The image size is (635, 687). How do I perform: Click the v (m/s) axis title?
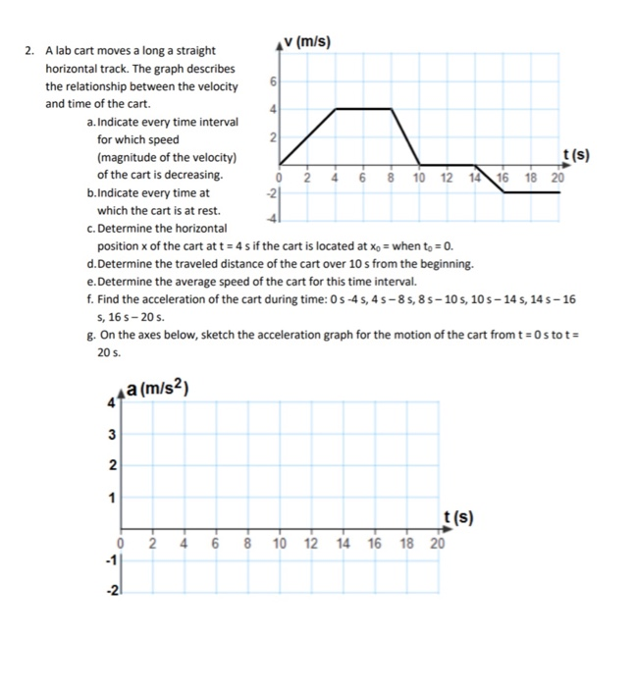(306, 41)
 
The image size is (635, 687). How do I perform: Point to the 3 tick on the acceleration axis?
(112, 434)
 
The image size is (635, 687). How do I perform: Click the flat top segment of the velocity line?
(365, 109)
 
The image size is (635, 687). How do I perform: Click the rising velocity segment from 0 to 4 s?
(308, 136)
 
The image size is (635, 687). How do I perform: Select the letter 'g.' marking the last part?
(91, 334)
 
